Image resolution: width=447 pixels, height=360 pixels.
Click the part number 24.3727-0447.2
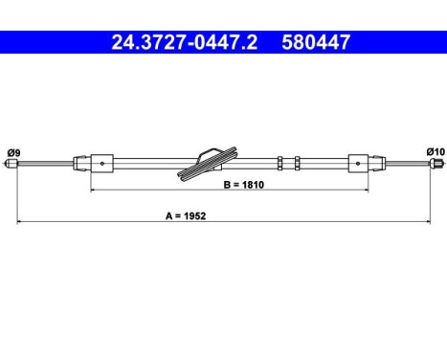point(184,42)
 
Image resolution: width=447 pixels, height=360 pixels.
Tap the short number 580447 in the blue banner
point(316,42)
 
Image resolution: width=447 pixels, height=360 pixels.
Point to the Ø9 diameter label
point(13,153)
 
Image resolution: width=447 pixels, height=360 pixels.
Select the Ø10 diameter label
point(436,152)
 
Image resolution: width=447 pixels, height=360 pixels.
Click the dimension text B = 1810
point(244,185)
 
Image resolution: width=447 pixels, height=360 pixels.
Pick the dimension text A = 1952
point(186,216)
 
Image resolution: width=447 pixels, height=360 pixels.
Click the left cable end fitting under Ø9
point(11,164)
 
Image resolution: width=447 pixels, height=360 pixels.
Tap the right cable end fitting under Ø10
point(436,164)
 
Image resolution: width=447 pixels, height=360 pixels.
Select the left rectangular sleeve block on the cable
point(102,164)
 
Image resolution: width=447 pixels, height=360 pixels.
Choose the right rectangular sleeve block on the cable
point(358,164)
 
